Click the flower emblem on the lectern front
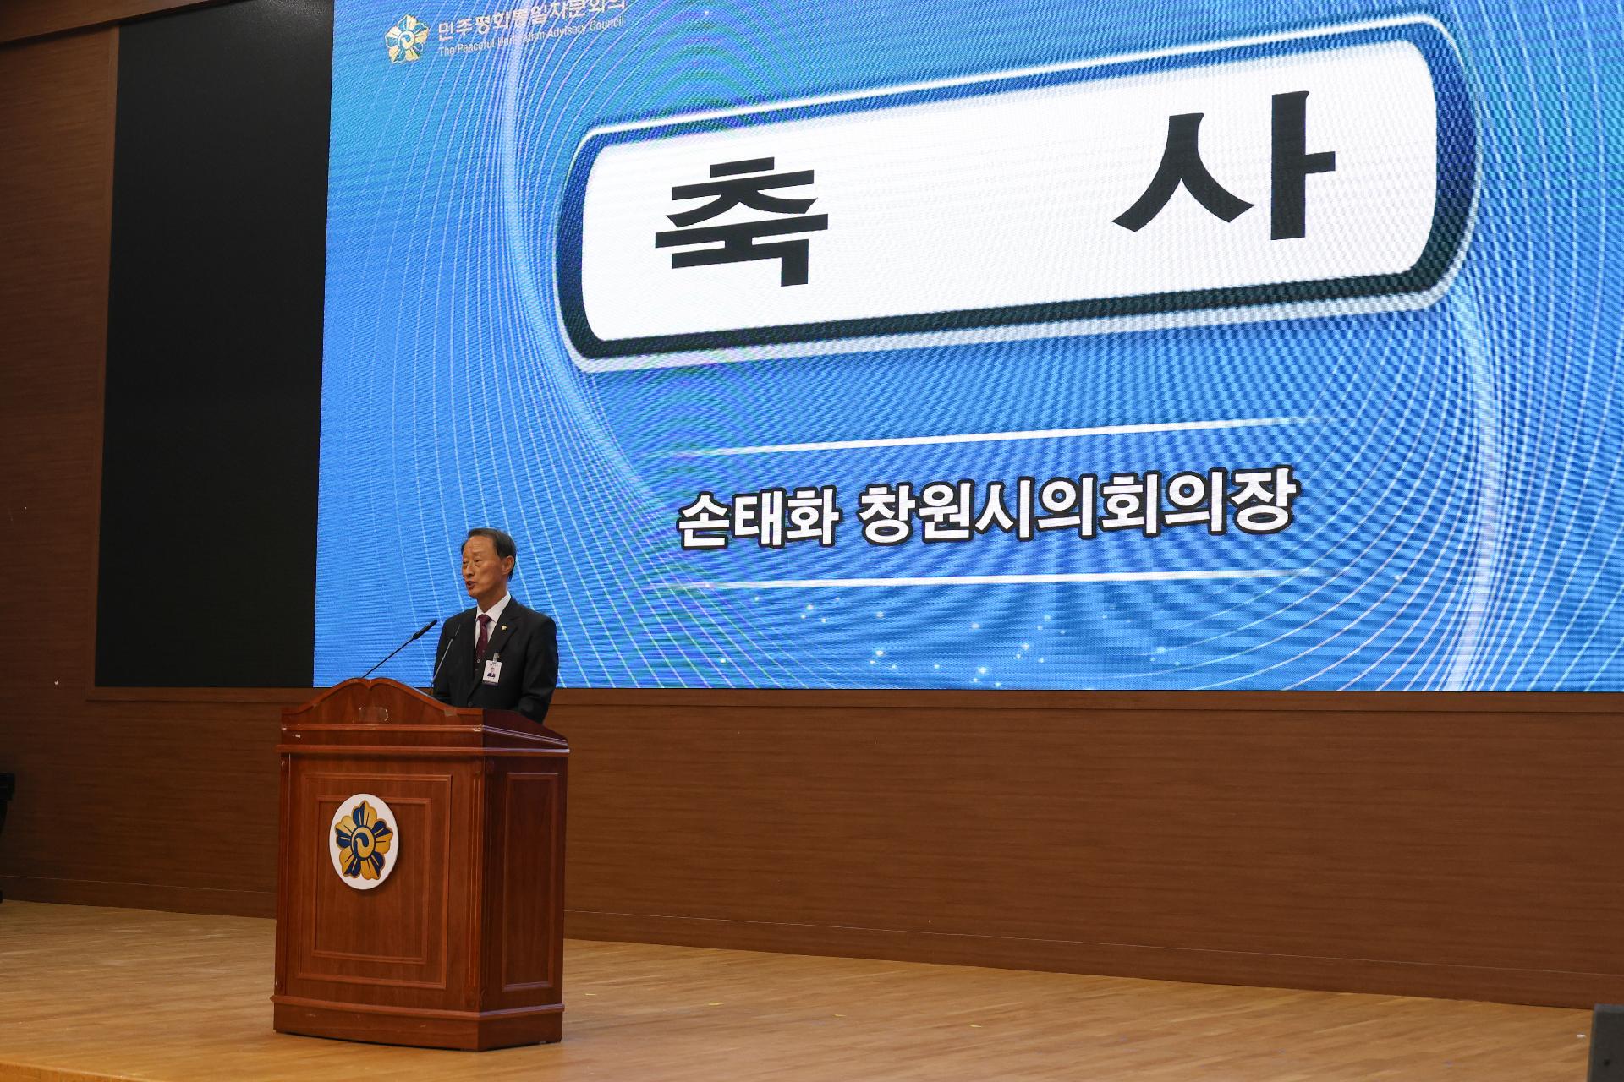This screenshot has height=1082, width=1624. point(362,840)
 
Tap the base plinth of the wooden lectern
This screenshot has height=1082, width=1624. point(417,1014)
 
